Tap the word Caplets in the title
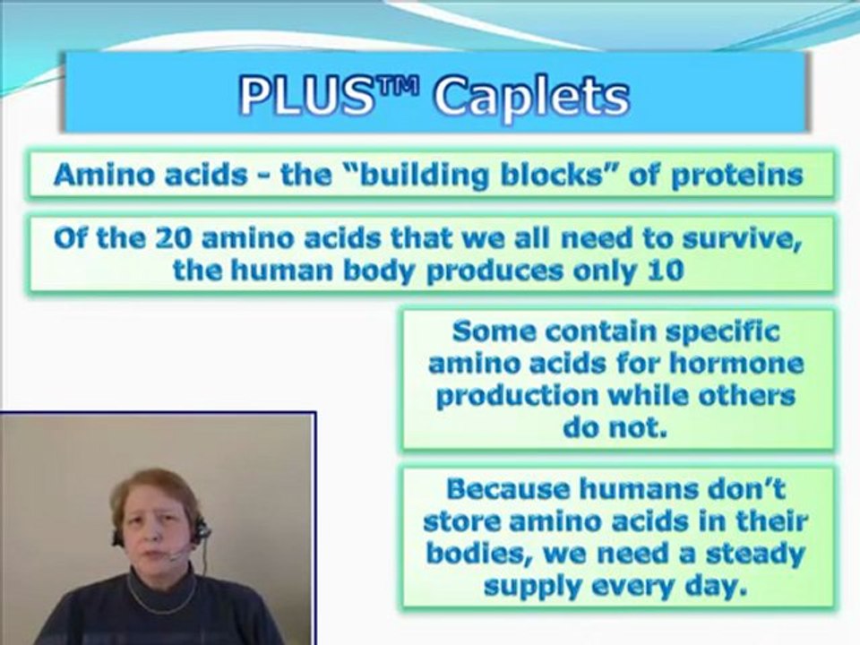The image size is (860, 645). coord(531,99)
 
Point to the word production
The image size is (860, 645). coord(517,396)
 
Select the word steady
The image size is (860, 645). coord(754,555)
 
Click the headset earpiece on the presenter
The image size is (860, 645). coord(202,530)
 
